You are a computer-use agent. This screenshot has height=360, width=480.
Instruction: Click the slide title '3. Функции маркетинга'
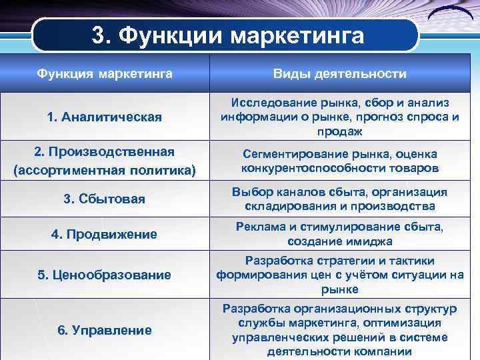coord(228,35)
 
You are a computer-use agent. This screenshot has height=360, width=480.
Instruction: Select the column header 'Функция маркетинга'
coord(105,72)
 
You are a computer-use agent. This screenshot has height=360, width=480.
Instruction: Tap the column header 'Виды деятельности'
coord(340,72)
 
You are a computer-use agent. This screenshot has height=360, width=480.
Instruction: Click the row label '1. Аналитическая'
coord(105,117)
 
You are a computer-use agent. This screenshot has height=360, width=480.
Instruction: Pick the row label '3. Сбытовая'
coord(105,199)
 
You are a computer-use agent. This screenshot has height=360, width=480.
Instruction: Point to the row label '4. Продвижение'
coord(105,234)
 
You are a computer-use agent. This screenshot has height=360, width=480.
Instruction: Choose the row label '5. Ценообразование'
coord(105,275)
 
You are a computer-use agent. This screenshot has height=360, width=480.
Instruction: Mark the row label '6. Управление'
coord(105,330)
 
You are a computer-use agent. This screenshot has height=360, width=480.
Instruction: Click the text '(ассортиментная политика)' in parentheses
coord(105,171)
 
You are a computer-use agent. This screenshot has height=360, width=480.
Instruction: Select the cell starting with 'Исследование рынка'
coord(340,117)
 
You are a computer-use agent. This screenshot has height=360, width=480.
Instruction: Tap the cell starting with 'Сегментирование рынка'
coord(340,160)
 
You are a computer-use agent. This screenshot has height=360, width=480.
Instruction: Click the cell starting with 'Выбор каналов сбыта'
coord(340,199)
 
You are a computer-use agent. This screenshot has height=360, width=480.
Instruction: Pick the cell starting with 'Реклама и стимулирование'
coord(340,234)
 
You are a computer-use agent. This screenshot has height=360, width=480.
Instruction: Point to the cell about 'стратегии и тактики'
coord(340,275)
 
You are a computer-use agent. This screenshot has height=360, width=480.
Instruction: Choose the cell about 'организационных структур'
coord(340,330)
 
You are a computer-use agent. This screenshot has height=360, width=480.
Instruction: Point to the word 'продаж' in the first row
coord(340,131)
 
